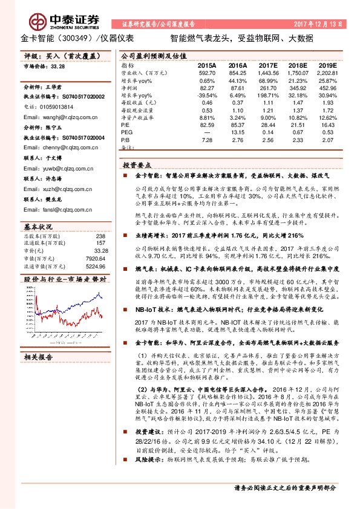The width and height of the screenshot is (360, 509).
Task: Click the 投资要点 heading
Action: coord(137,164)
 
